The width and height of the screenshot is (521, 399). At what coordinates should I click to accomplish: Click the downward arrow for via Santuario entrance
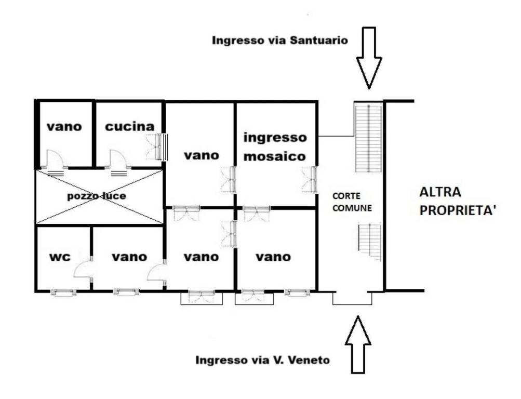369,58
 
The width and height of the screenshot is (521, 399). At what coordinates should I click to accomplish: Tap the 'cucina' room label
130,126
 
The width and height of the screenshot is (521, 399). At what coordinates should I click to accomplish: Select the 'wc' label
60,257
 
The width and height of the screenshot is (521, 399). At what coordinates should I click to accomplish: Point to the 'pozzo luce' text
97,196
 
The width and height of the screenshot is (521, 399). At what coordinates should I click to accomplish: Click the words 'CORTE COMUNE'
352,202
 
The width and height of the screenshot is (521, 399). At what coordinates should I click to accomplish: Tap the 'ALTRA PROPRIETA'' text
458,201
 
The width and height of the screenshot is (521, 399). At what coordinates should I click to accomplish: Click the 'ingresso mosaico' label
275,147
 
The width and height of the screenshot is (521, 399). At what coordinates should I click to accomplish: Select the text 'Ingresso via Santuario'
280,41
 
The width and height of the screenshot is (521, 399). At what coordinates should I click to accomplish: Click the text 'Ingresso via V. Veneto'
262,360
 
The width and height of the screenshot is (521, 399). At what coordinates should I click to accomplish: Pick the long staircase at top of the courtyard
368,138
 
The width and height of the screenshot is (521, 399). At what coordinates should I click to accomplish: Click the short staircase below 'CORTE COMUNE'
369,242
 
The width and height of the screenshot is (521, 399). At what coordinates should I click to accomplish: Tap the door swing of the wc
83,269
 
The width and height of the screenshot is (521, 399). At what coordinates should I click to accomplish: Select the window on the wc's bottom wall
63,292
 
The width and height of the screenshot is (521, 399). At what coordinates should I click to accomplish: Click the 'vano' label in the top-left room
64,126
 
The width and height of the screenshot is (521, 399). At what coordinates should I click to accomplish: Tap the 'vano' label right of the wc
129,257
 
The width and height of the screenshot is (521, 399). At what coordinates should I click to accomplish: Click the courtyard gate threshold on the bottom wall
352,298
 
